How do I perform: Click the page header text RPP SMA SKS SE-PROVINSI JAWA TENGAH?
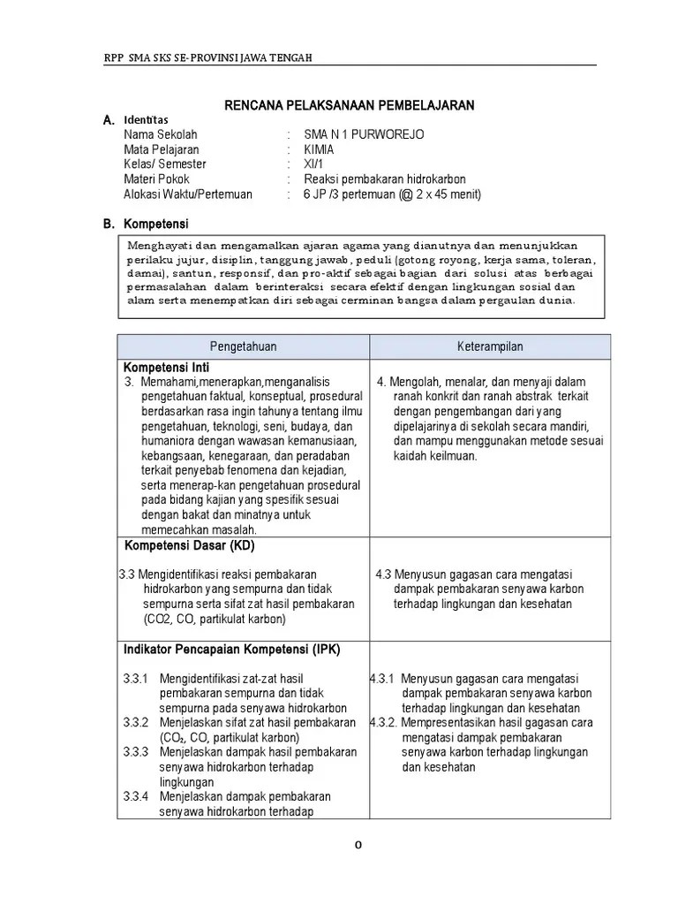tap(207, 57)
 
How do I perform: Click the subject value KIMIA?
tap(319, 149)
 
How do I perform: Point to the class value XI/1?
tap(313, 164)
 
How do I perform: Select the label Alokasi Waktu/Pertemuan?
tap(188, 194)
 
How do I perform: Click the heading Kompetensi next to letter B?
tap(156, 224)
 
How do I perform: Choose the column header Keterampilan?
tap(489, 347)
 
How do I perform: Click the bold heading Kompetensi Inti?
tap(166, 367)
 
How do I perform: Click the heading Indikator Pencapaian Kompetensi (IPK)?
tap(231, 650)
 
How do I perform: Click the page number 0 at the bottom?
tap(358, 844)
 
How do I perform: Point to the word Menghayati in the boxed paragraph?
tap(159, 245)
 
